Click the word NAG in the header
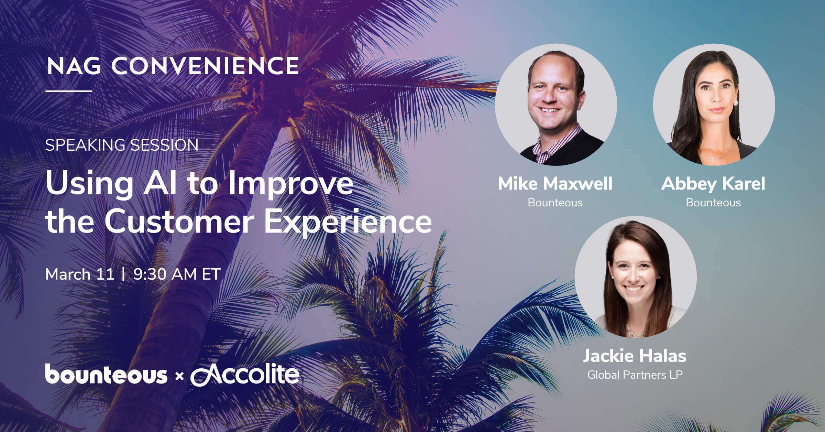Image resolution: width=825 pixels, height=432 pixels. [x=74, y=66]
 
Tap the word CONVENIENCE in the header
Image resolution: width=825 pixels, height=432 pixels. [x=205, y=66]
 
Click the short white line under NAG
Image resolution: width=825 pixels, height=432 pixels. [x=69, y=91]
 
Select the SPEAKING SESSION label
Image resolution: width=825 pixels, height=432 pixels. [x=122, y=145]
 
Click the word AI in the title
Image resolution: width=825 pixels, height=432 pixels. [x=161, y=182]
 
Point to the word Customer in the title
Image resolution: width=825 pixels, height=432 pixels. [x=179, y=222]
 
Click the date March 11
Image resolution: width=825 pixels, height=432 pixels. [x=80, y=274]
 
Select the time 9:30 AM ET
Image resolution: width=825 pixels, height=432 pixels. [x=177, y=274]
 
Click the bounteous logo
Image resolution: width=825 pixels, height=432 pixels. [x=106, y=374]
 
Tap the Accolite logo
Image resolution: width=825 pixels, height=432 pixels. [x=245, y=374]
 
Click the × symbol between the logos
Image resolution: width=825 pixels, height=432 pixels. [x=179, y=377]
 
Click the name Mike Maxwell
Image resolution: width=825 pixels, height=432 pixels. [x=555, y=183]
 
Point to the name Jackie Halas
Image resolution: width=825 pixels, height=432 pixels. [x=635, y=356]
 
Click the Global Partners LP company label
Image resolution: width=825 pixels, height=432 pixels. [x=635, y=375]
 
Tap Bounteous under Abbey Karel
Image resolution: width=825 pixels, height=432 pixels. [x=713, y=203]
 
